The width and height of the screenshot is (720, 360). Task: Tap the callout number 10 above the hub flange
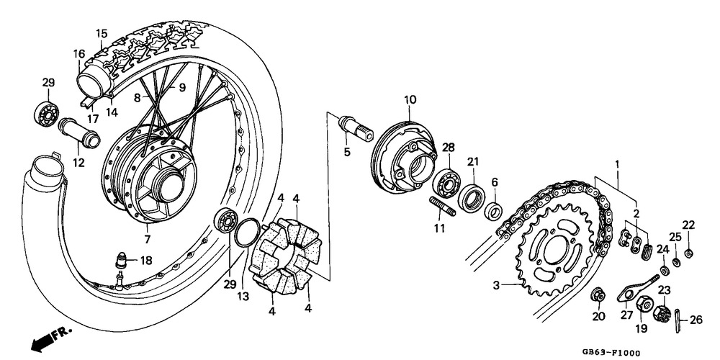click(x=410, y=99)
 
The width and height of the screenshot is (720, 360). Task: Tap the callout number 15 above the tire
click(x=102, y=33)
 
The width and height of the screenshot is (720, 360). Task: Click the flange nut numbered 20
click(x=598, y=296)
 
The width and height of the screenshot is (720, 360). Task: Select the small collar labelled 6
click(x=493, y=211)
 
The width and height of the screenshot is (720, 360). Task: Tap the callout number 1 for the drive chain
click(x=616, y=164)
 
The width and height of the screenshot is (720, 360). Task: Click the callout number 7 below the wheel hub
click(x=147, y=239)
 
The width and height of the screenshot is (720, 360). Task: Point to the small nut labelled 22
click(x=689, y=252)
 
